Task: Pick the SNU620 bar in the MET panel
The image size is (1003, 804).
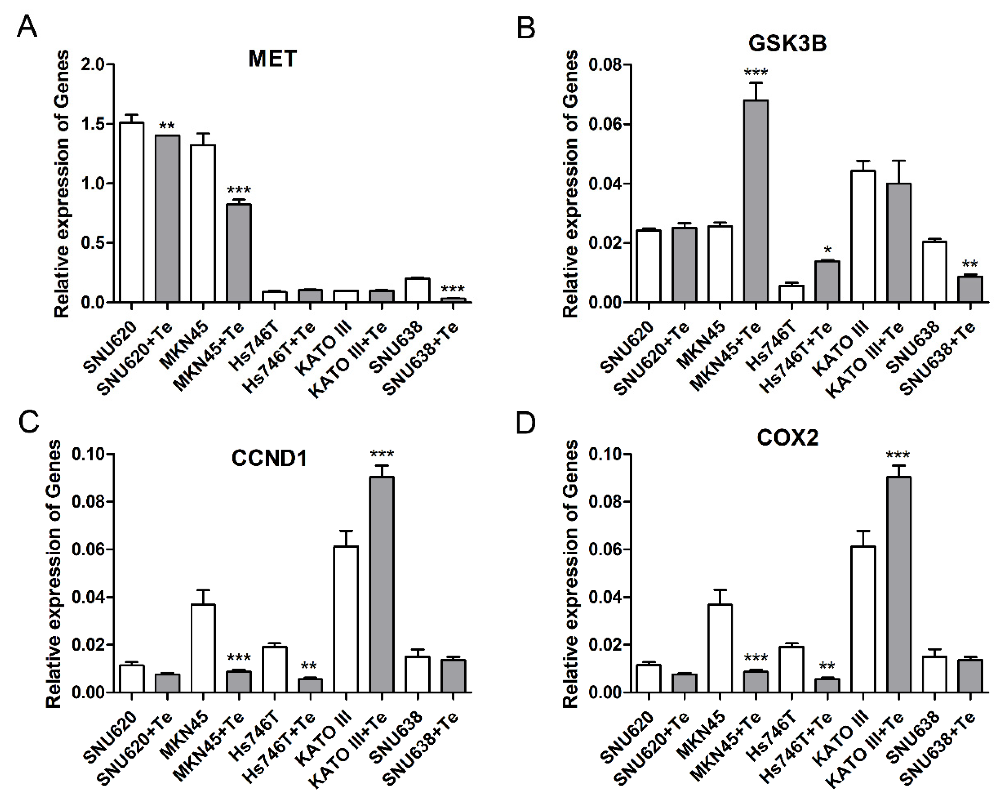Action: tap(132, 212)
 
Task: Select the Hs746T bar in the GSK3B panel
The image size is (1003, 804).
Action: tap(791, 294)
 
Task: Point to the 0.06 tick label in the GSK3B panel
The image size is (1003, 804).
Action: tap(606, 124)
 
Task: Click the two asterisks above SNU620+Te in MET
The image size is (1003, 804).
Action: tap(167, 126)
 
